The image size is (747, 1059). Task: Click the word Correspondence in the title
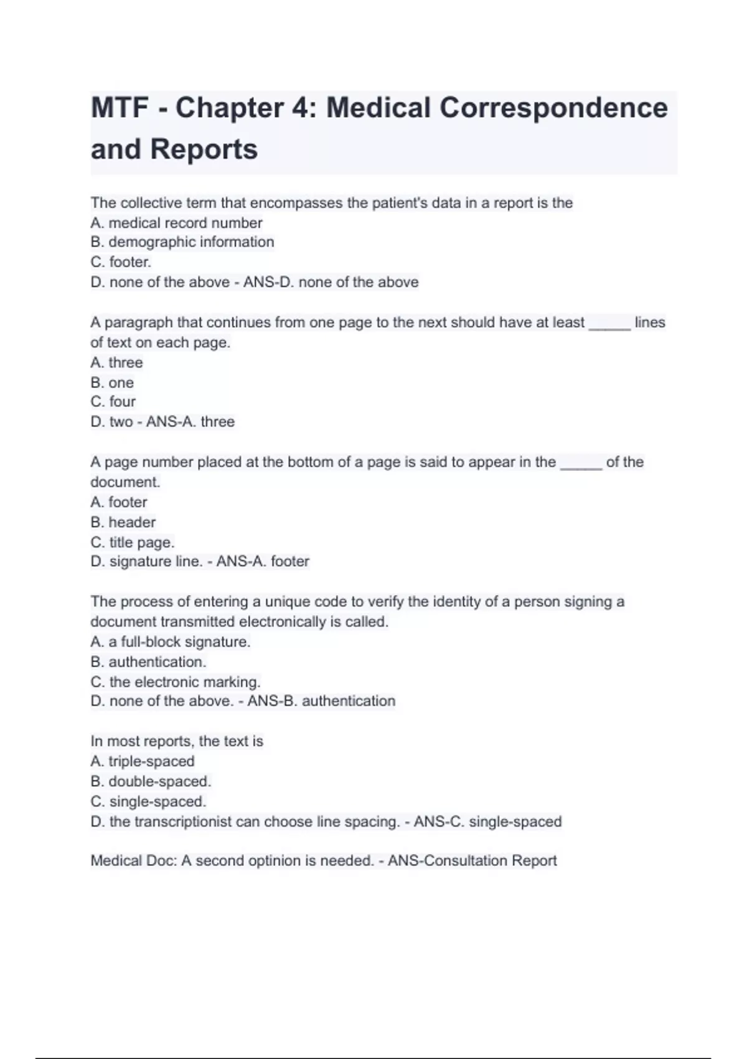(553, 108)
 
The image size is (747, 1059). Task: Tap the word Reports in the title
(204, 150)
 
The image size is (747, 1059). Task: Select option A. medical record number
(176, 222)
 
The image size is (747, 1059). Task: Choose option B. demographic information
(182, 242)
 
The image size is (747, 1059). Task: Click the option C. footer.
(121, 262)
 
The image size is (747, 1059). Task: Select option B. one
(112, 382)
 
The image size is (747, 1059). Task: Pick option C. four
(113, 402)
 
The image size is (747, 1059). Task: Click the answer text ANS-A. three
(190, 422)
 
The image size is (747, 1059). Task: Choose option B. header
(123, 522)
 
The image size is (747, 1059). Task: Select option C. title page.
(132, 542)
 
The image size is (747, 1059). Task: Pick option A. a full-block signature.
(170, 642)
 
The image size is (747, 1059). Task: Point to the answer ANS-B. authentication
(321, 701)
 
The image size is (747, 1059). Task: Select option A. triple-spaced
(142, 761)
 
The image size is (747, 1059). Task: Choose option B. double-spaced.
(151, 781)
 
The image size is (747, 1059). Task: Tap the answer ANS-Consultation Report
(472, 860)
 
